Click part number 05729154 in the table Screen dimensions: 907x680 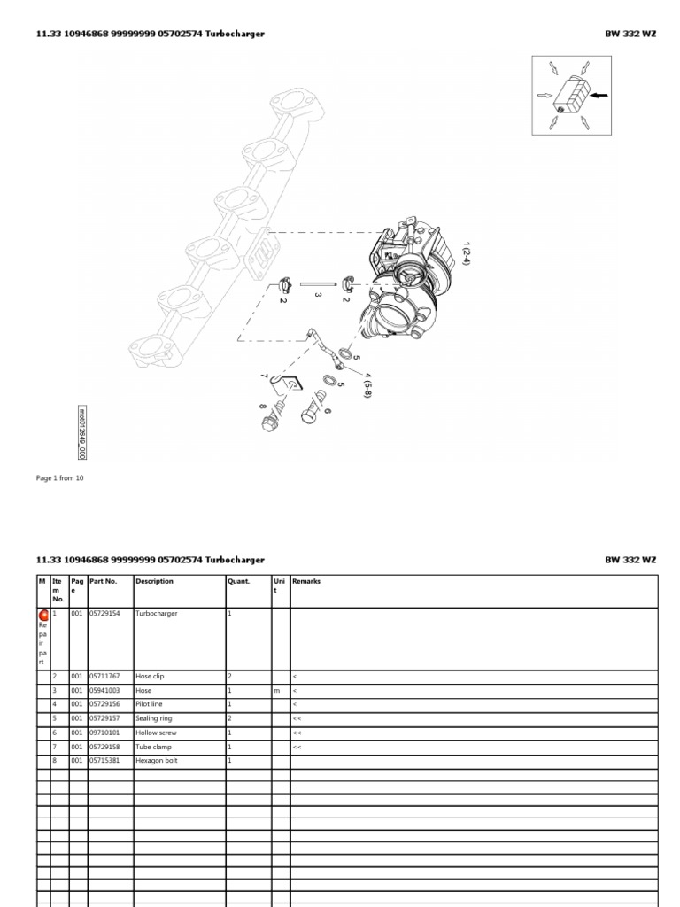click(104, 614)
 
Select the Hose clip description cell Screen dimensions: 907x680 click(150, 677)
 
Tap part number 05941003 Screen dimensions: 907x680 click(104, 691)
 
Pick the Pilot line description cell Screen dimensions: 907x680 click(149, 704)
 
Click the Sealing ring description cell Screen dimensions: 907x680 click(153, 718)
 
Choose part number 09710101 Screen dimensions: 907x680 click(104, 733)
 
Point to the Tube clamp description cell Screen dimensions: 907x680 click(152, 747)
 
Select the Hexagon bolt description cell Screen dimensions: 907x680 click(155, 761)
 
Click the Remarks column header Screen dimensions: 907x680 click(306, 582)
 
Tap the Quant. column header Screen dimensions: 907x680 click(239, 582)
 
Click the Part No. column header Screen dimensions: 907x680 click(103, 582)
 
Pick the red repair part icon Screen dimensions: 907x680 click(43, 615)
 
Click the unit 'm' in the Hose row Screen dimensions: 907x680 click(276, 691)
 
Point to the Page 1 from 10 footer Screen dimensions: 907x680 click(60, 477)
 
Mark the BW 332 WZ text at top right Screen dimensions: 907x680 click(630, 34)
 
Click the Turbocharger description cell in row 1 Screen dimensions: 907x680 click(157, 614)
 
